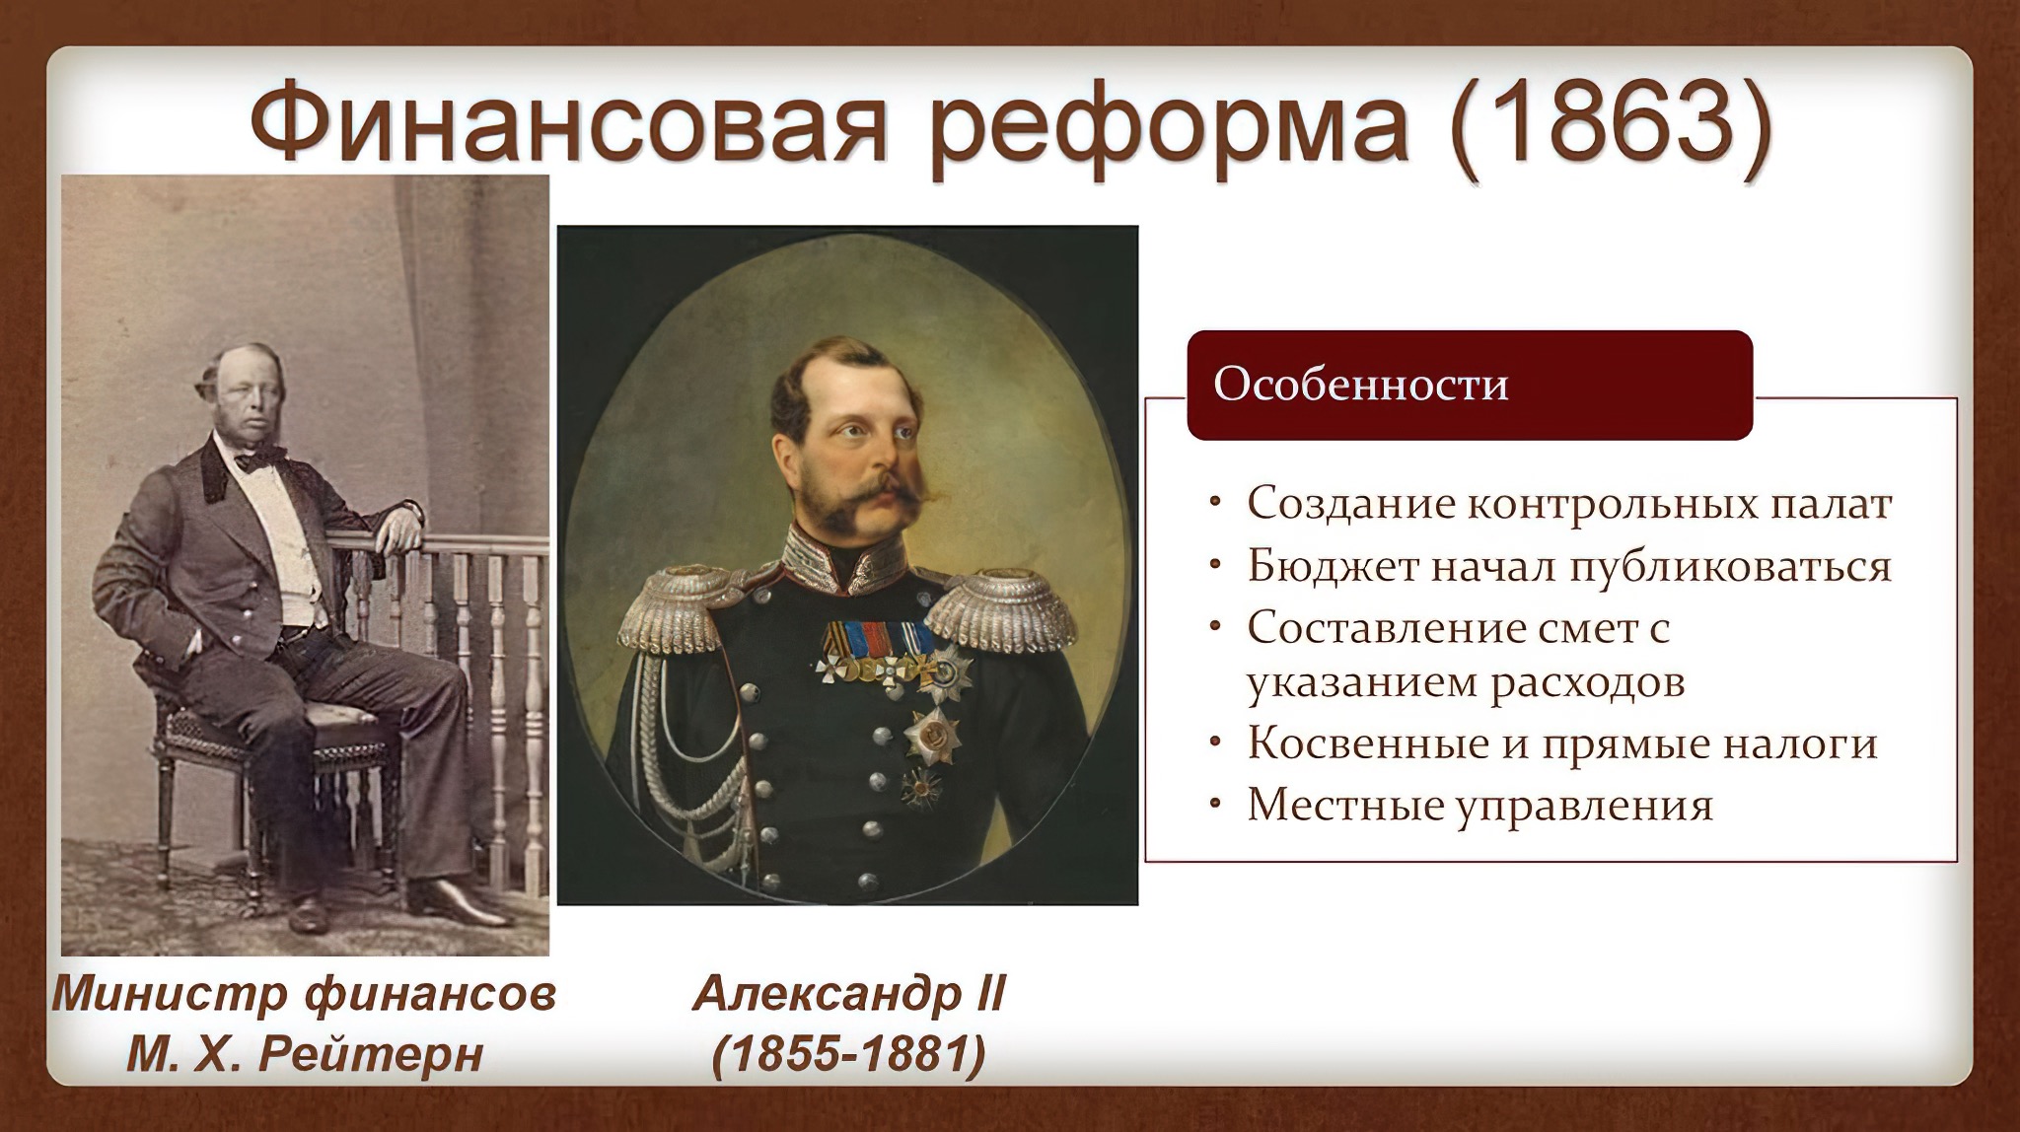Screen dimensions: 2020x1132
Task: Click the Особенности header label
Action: click(x=1360, y=384)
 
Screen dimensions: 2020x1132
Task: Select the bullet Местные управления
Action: click(x=1480, y=806)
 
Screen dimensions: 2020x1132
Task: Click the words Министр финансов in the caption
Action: click(x=304, y=995)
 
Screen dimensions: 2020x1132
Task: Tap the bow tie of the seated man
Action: click(x=259, y=457)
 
